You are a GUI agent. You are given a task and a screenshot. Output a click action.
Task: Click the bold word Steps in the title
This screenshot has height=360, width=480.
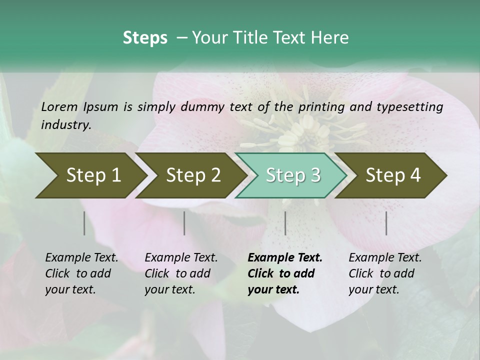[145, 37]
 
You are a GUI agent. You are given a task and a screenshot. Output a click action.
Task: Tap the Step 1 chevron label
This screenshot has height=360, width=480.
[93, 175]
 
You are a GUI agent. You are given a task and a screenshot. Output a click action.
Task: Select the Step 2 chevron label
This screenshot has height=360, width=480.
[193, 175]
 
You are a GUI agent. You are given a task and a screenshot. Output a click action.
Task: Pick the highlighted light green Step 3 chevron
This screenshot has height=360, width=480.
[293, 175]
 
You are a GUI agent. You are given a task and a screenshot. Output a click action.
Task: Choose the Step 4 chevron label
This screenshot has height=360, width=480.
[393, 175]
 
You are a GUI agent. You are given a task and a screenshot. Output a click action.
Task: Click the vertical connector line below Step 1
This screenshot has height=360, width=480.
[84, 223]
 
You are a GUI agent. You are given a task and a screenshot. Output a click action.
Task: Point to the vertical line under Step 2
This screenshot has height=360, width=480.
[184, 223]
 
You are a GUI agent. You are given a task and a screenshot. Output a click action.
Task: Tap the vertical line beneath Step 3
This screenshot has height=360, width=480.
[285, 223]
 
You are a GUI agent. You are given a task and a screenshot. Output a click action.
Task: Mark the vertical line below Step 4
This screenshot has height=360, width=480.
[386, 223]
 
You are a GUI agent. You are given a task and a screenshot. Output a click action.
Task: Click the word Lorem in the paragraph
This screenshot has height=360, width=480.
[59, 106]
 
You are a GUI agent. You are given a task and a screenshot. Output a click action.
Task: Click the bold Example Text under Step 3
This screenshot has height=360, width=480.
[285, 257]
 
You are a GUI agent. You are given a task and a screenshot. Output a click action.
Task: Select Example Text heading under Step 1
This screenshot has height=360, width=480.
[81, 257]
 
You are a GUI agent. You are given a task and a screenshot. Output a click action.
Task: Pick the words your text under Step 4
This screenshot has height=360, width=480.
[373, 289]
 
